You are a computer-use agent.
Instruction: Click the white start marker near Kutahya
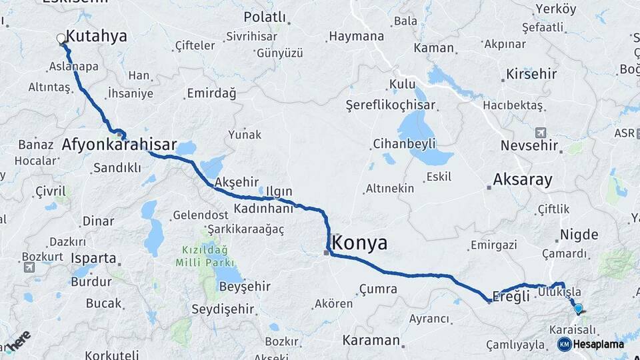tap(61, 39)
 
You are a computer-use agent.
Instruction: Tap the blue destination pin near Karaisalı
tap(578, 308)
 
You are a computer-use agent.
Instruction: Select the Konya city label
tap(359, 243)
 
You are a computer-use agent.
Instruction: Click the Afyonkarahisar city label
tap(119, 145)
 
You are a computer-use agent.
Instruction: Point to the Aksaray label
tap(523, 179)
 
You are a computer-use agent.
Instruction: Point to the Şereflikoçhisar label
tap(390, 105)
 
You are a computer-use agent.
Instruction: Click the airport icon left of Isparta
tap(29, 267)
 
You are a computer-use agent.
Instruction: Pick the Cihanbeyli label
tap(405, 143)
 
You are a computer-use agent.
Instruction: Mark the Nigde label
tap(579, 234)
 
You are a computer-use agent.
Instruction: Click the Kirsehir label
tap(531, 73)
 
